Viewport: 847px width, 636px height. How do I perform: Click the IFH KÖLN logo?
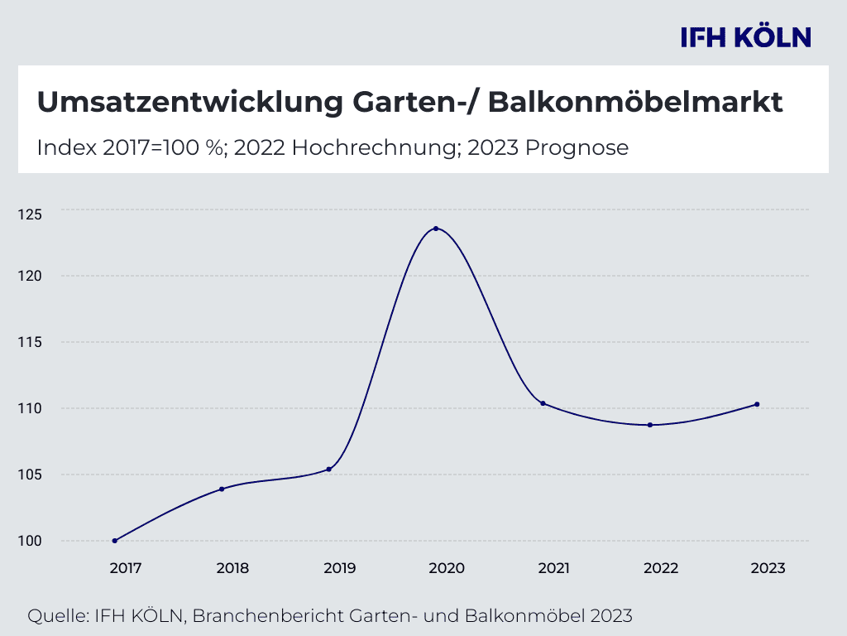tap(745, 37)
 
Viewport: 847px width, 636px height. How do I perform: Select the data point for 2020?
tap(436, 229)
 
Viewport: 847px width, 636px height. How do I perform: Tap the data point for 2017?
tap(115, 541)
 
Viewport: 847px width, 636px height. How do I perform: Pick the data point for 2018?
tap(222, 489)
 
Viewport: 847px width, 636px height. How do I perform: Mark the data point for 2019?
tap(329, 470)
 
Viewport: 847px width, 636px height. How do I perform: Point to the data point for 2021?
tap(543, 403)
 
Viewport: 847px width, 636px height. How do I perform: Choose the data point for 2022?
tap(650, 425)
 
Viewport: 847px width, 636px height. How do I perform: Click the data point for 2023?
tap(757, 404)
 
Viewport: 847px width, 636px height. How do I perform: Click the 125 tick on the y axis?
tap(29, 213)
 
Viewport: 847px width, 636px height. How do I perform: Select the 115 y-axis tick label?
tap(29, 342)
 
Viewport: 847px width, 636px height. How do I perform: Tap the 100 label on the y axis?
tap(29, 541)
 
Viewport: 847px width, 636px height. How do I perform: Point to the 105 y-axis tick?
tap(29, 475)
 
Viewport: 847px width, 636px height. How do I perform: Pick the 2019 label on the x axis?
tap(340, 568)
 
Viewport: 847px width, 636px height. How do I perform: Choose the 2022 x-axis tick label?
tap(661, 568)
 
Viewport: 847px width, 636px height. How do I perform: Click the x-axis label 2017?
tap(126, 568)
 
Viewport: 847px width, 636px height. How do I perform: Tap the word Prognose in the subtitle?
tap(577, 148)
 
